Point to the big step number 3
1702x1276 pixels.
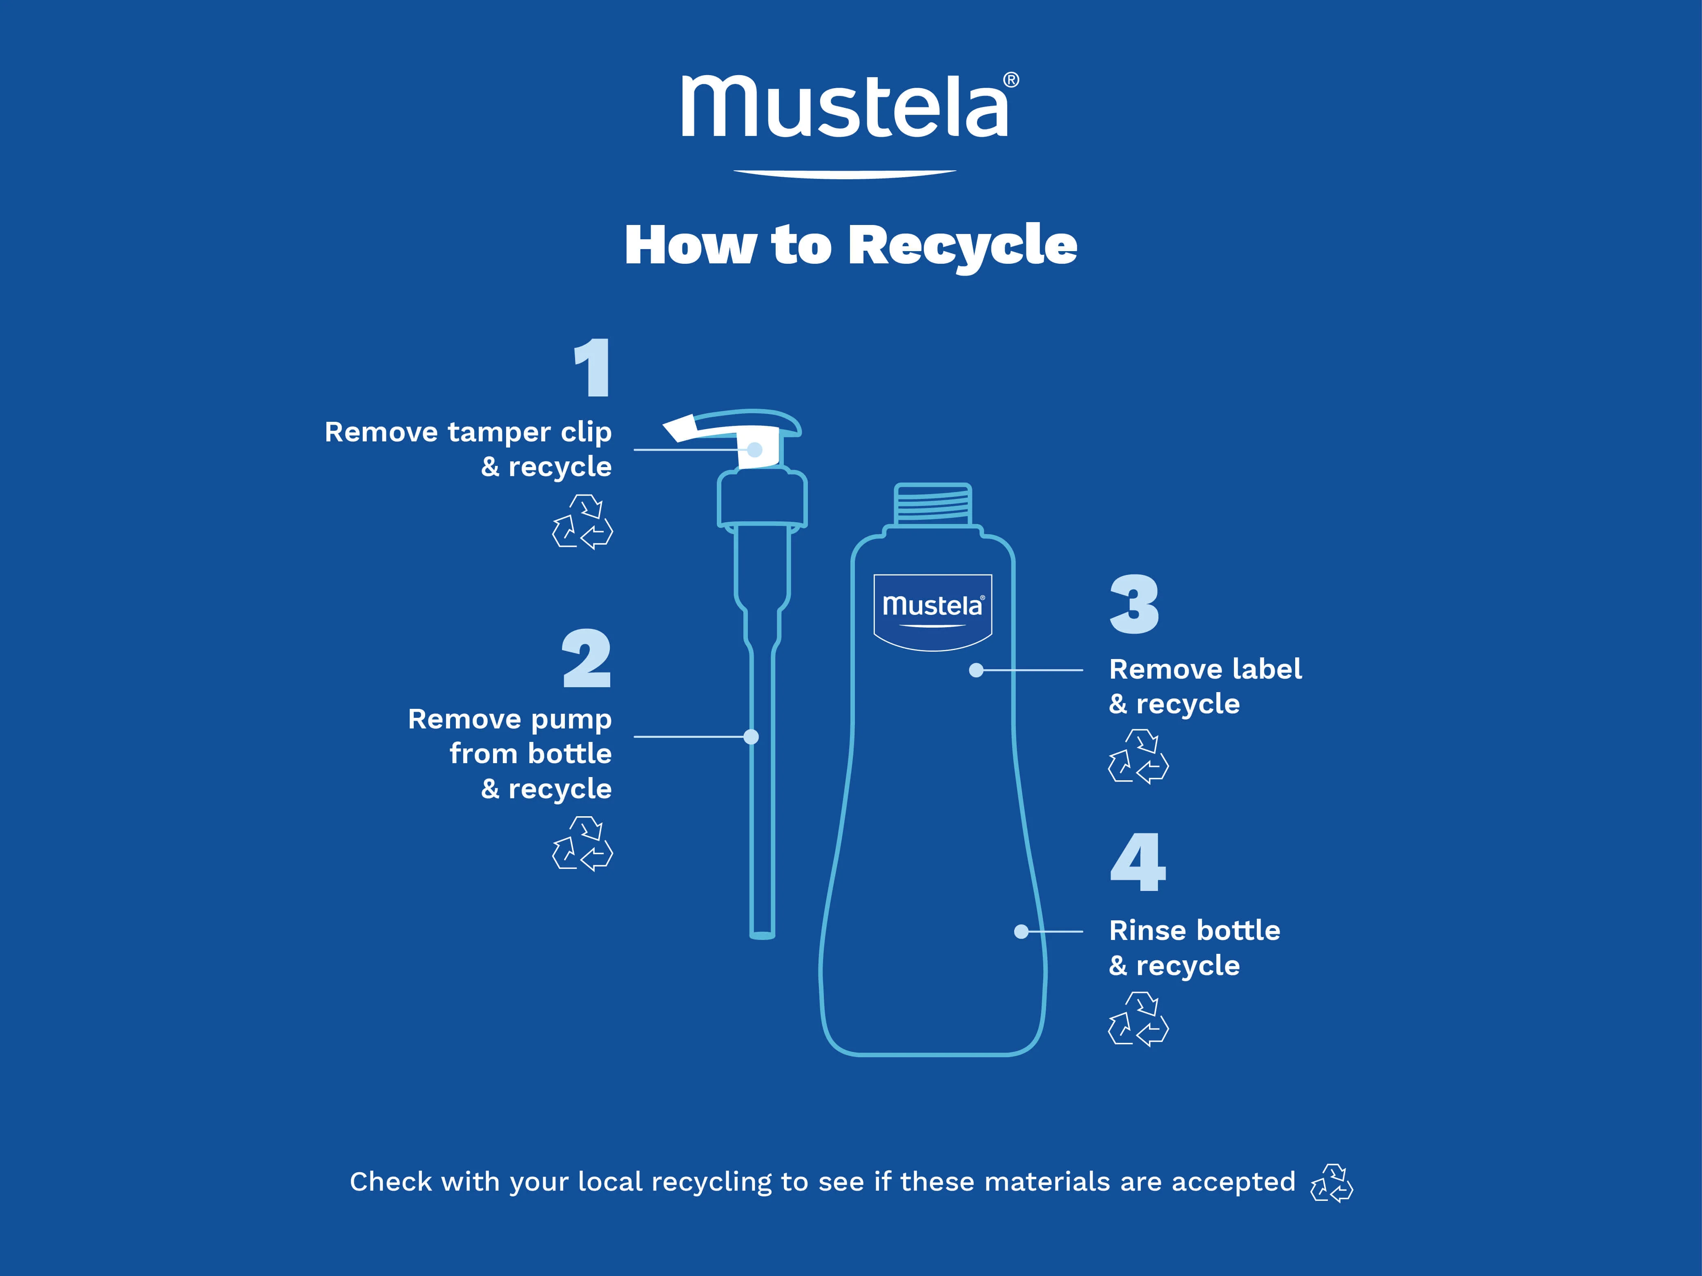(x=1134, y=605)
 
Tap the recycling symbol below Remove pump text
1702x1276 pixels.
(x=582, y=844)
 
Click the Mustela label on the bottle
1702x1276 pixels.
(x=932, y=612)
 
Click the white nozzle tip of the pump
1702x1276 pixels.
(x=679, y=428)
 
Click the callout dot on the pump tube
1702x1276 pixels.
(x=752, y=737)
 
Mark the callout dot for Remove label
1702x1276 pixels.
(x=977, y=671)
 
